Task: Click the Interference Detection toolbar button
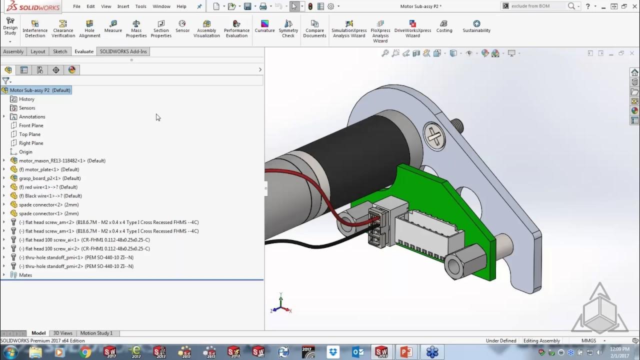(34, 28)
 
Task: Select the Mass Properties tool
(136, 28)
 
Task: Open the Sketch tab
(60, 51)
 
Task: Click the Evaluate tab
(84, 51)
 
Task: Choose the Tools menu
(140, 6)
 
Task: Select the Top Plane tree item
(29, 134)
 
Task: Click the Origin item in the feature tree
(25, 152)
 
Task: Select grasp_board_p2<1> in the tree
(43, 178)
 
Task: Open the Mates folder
(25, 275)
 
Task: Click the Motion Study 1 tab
(96, 333)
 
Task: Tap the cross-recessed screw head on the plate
(434, 135)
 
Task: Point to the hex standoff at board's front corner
(465, 262)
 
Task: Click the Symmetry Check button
(288, 28)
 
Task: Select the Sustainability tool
(476, 26)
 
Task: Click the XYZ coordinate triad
(280, 305)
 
